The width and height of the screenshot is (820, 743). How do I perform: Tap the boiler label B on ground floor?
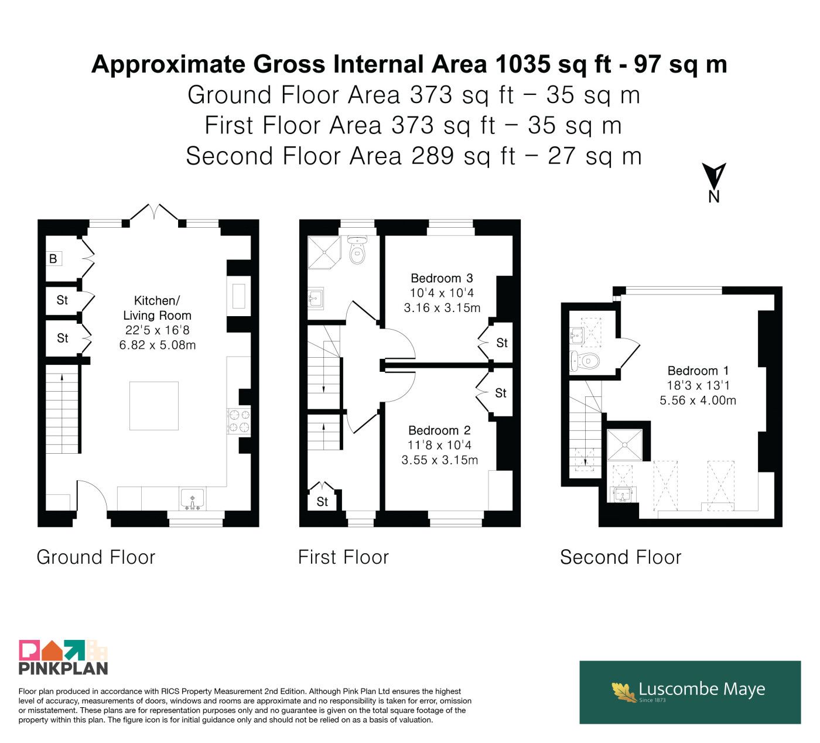pyautogui.click(x=53, y=258)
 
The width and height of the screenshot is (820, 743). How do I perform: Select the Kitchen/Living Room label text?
pyautogui.click(x=157, y=308)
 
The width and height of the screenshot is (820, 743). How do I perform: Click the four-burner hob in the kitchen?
pyautogui.click(x=239, y=421)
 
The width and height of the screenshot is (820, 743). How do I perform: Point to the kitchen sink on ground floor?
pyautogui.click(x=192, y=499)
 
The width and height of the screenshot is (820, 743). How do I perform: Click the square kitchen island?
pyautogui.click(x=153, y=405)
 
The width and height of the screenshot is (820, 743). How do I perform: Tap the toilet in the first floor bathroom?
pyautogui.click(x=358, y=249)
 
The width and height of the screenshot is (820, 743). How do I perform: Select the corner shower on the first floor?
pyautogui.click(x=324, y=252)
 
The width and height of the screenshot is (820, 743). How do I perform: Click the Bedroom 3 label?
pyautogui.click(x=442, y=278)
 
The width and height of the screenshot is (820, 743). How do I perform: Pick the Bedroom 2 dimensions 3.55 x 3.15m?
pyautogui.click(x=439, y=460)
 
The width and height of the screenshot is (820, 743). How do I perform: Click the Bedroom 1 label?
pyautogui.click(x=698, y=371)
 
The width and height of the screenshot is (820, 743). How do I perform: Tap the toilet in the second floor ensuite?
pyautogui.click(x=585, y=361)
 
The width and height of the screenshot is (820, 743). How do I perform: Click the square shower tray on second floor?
pyautogui.click(x=624, y=444)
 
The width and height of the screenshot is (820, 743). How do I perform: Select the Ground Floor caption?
pyautogui.click(x=96, y=557)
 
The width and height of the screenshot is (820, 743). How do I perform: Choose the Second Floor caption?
pyautogui.click(x=620, y=557)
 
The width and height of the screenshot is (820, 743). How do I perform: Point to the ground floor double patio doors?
pyautogui.click(x=154, y=213)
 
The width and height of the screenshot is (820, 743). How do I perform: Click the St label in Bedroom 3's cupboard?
pyautogui.click(x=502, y=343)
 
